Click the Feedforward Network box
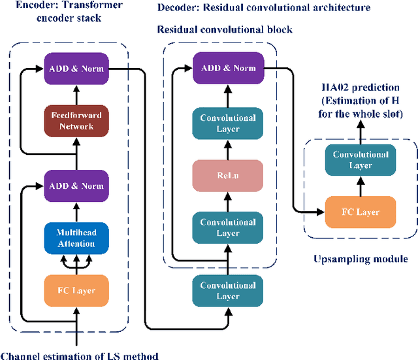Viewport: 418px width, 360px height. [76, 121]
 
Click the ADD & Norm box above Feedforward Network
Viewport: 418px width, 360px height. [76, 69]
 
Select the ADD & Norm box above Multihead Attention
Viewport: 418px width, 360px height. [76, 186]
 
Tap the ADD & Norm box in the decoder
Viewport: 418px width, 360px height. [228, 69]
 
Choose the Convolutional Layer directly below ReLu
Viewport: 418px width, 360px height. [228, 227]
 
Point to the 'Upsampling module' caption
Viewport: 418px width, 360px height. [360, 259]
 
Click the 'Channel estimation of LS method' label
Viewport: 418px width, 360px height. [79, 355]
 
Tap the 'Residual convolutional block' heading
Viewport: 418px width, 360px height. [225, 29]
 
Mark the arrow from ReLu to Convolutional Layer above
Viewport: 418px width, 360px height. [228, 151]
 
